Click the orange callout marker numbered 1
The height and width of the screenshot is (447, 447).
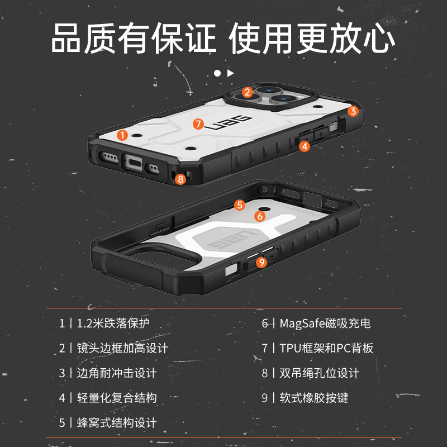pos(123,135)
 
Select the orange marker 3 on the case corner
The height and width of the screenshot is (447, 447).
pos(353,111)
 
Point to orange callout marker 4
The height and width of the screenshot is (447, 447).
pos(304,146)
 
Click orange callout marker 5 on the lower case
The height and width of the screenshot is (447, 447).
pos(240,205)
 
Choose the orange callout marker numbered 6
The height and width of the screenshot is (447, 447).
pos(260,216)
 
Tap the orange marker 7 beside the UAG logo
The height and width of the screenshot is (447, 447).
pos(198,123)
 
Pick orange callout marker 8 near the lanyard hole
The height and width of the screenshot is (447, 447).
pos(180,179)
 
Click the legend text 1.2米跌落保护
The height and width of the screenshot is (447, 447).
pos(113,324)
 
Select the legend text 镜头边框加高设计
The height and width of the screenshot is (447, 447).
pos(122,348)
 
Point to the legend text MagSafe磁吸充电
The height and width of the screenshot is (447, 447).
pos(325,324)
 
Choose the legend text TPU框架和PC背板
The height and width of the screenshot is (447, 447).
pos(326,348)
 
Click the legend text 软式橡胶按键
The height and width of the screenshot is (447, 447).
pos(313,397)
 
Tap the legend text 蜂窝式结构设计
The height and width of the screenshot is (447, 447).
pos(116,422)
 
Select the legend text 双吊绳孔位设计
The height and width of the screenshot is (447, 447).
pos(319,373)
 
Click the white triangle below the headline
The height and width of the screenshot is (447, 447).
pos(230,73)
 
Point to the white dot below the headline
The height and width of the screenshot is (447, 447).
pos(217,73)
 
